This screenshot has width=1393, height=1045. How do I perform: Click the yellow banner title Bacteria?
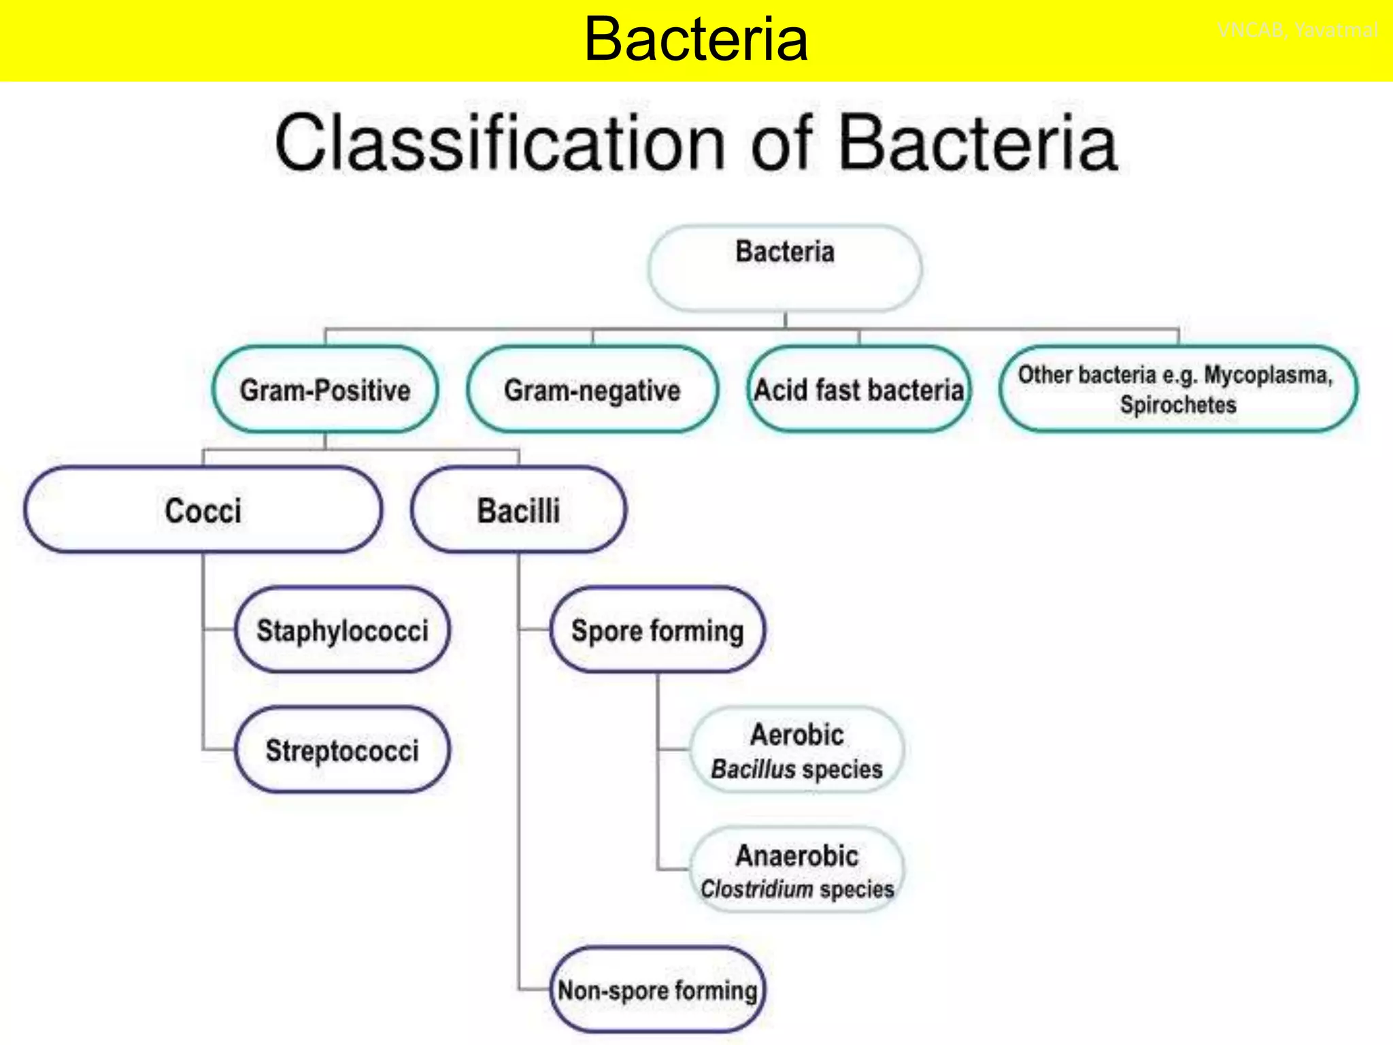click(696, 39)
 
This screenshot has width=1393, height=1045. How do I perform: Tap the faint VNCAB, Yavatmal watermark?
click(1298, 30)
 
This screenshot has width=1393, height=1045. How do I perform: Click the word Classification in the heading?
click(501, 144)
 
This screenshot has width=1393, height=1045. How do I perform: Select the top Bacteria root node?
click(785, 267)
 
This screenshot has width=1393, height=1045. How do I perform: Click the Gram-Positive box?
click(325, 390)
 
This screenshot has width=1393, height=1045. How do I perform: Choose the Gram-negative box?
click(592, 390)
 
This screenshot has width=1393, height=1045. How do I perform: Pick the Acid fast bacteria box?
click(858, 390)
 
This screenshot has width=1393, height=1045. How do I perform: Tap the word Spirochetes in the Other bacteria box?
click(1178, 405)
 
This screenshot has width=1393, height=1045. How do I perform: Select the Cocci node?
click(203, 510)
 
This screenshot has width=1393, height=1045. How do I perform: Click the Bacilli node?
click(518, 510)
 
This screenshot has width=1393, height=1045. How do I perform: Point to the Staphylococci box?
click(342, 630)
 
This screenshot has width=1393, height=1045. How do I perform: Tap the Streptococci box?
click(342, 750)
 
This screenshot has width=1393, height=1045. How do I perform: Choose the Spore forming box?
click(657, 630)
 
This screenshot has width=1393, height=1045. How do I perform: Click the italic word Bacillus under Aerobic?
click(753, 769)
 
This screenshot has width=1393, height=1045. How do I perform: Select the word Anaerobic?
click(797, 855)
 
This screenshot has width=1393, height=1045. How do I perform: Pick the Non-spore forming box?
click(657, 990)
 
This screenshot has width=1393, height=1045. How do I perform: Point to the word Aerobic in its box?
click(797, 735)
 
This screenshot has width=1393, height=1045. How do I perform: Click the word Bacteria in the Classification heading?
click(978, 144)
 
